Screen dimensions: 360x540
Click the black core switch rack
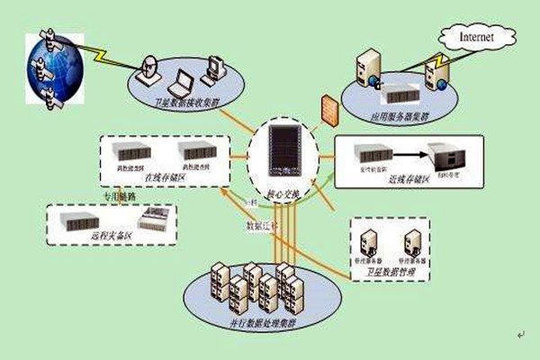tap(283, 159)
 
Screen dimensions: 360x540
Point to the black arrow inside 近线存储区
tap(409, 155)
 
